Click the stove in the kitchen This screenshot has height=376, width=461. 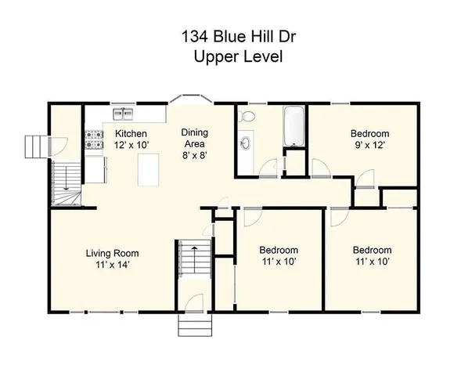pyautogui.click(x=95, y=139)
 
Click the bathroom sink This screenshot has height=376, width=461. pyautogui.click(x=245, y=145)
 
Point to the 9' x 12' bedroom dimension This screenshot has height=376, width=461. pyautogui.click(x=369, y=145)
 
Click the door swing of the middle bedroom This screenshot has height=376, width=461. pyautogui.click(x=252, y=215)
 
